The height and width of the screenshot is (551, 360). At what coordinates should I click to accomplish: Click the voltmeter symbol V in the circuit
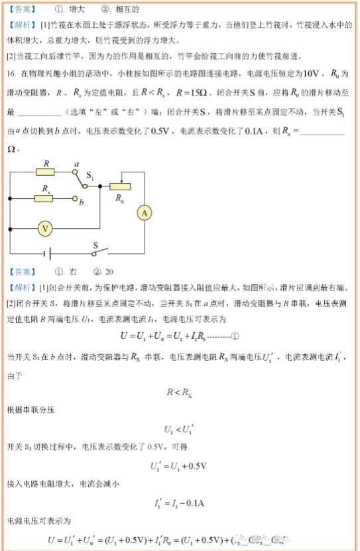(45, 228)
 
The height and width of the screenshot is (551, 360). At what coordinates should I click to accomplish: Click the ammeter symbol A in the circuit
(145, 212)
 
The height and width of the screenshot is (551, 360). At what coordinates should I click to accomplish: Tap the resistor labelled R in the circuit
(46, 172)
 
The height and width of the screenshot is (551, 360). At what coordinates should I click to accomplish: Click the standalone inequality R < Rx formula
(179, 393)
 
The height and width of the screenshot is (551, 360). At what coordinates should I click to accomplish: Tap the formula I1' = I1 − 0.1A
(179, 503)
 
